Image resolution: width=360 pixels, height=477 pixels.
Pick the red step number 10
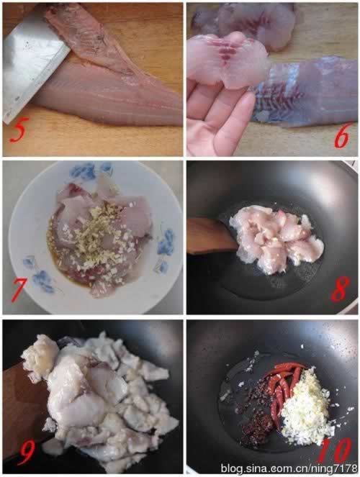(x=336, y=451)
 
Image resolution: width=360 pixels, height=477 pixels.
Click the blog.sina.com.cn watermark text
(x=289, y=468)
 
